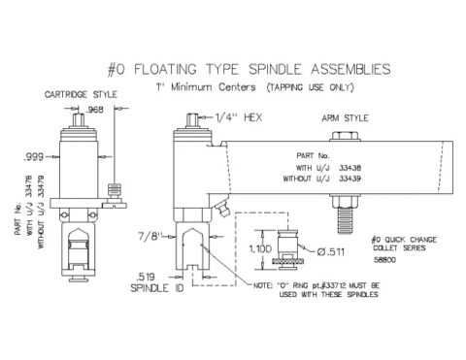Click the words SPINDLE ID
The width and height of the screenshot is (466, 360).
159,289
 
